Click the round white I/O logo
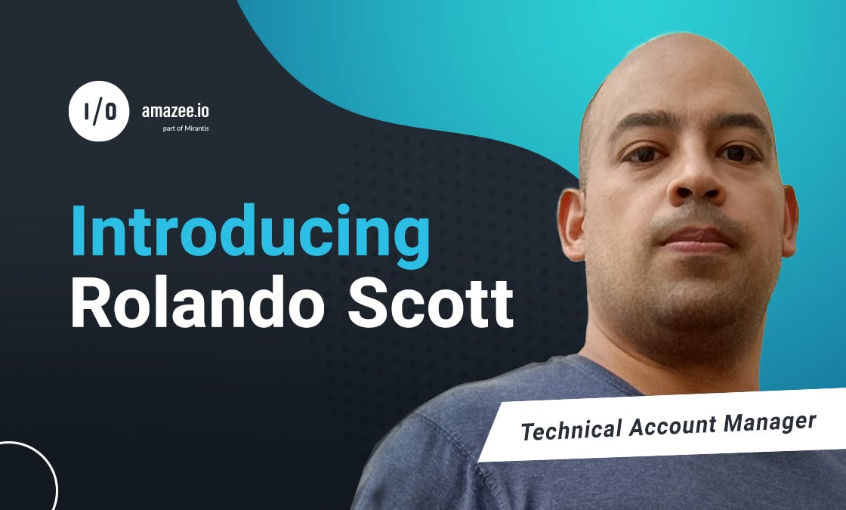coord(99,111)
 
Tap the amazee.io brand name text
coord(174,111)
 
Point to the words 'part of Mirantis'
coord(186,128)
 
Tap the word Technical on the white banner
coord(571,430)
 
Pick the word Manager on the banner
coord(770,422)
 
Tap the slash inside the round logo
coord(98,111)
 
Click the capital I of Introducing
coord(77,231)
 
